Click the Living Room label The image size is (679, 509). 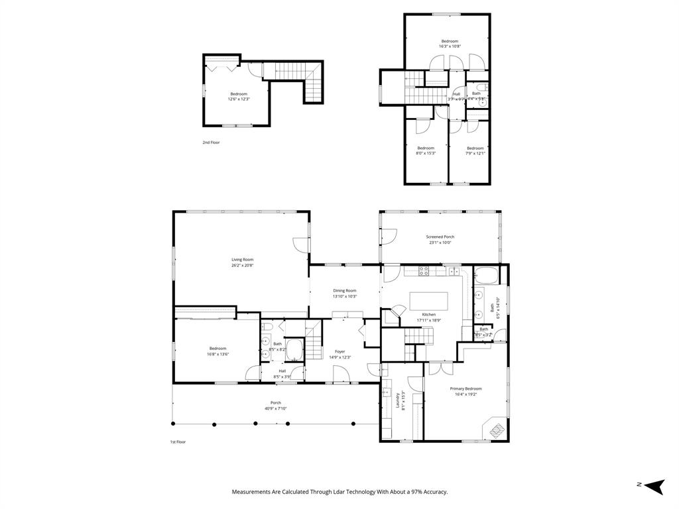coord(242,260)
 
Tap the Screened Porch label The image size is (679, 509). coord(440,237)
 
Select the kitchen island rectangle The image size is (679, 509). coord(429,301)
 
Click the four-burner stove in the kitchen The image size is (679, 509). coord(424,270)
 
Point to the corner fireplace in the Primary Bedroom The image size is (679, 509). coord(495,429)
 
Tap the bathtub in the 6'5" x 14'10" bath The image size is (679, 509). coord(485,275)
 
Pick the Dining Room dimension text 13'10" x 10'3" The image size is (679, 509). coord(345,296)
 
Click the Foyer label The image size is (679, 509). coord(339,351)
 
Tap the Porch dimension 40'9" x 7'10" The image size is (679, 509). coord(275,408)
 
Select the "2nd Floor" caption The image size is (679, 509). coord(211,142)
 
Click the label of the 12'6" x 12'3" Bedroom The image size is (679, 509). coord(239,94)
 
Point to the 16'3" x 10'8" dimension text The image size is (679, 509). coord(450,46)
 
